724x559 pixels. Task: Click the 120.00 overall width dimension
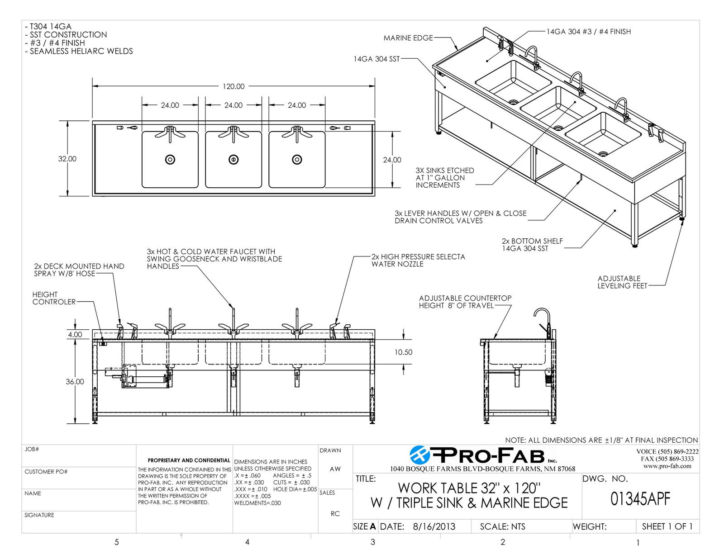(233, 86)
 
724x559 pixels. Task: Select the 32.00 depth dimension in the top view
(67, 159)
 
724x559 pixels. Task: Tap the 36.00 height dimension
(75, 382)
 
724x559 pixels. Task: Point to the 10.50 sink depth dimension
(404, 352)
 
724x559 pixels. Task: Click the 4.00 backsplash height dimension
(75, 335)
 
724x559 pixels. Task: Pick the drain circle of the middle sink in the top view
(233, 160)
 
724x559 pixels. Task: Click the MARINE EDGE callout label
(408, 38)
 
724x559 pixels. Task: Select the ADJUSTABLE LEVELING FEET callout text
(622, 282)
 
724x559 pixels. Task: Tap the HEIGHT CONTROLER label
(54, 298)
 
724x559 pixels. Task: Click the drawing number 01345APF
(640, 499)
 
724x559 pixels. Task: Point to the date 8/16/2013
(434, 526)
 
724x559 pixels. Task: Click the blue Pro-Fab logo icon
(419, 455)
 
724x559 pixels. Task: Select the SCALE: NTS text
(502, 527)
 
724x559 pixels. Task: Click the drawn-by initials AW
(335, 469)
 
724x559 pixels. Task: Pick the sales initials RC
(335, 514)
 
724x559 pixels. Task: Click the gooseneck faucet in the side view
(543, 323)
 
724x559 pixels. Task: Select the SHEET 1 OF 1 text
(667, 526)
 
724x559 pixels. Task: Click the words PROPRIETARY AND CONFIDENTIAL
(189, 460)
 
